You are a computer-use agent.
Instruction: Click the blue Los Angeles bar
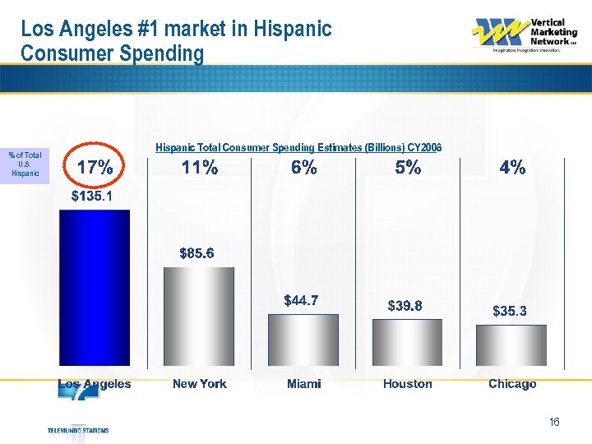tap(95, 288)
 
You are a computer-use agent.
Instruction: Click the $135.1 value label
tap(91, 197)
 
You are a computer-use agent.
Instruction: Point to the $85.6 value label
tap(197, 253)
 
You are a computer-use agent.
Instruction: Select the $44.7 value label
tap(301, 301)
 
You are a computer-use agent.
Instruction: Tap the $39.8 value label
tap(405, 306)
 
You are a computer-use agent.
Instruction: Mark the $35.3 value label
tap(509, 311)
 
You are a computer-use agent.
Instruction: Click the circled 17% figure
tap(95, 168)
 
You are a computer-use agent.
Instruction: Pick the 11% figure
tap(200, 168)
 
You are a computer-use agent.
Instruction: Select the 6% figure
tap(303, 168)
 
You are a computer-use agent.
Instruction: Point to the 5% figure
tap(408, 168)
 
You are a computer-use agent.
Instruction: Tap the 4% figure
tap(512, 168)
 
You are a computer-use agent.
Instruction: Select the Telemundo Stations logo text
tap(78, 430)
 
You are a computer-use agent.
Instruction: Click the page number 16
tap(553, 422)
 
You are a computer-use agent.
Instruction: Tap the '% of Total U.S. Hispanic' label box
tap(25, 164)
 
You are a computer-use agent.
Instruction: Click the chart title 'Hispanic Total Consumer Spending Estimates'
tap(298, 147)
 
